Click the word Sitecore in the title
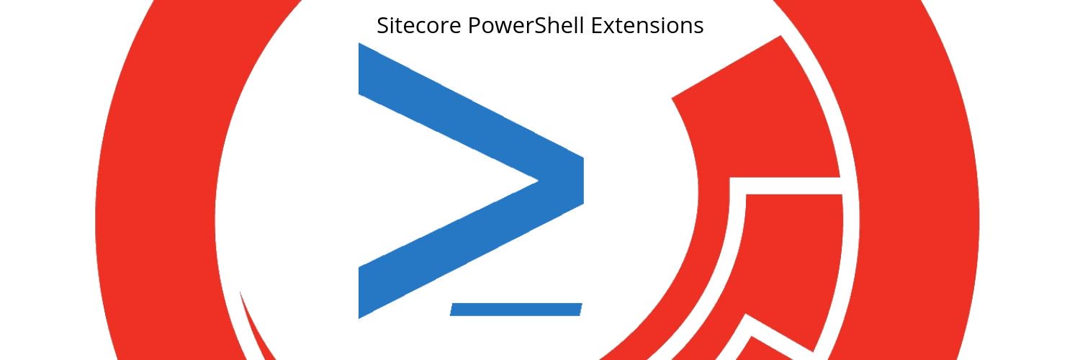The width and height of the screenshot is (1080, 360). point(419,25)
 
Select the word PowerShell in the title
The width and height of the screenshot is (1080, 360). point(526,25)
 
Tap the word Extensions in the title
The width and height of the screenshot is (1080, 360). point(647,25)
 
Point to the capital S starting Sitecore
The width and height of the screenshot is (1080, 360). point(383,25)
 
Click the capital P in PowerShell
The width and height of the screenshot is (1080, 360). point(474,25)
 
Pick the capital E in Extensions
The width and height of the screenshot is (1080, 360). point(597,25)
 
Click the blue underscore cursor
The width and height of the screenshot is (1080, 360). point(516,310)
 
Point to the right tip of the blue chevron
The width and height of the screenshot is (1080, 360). point(584,181)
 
